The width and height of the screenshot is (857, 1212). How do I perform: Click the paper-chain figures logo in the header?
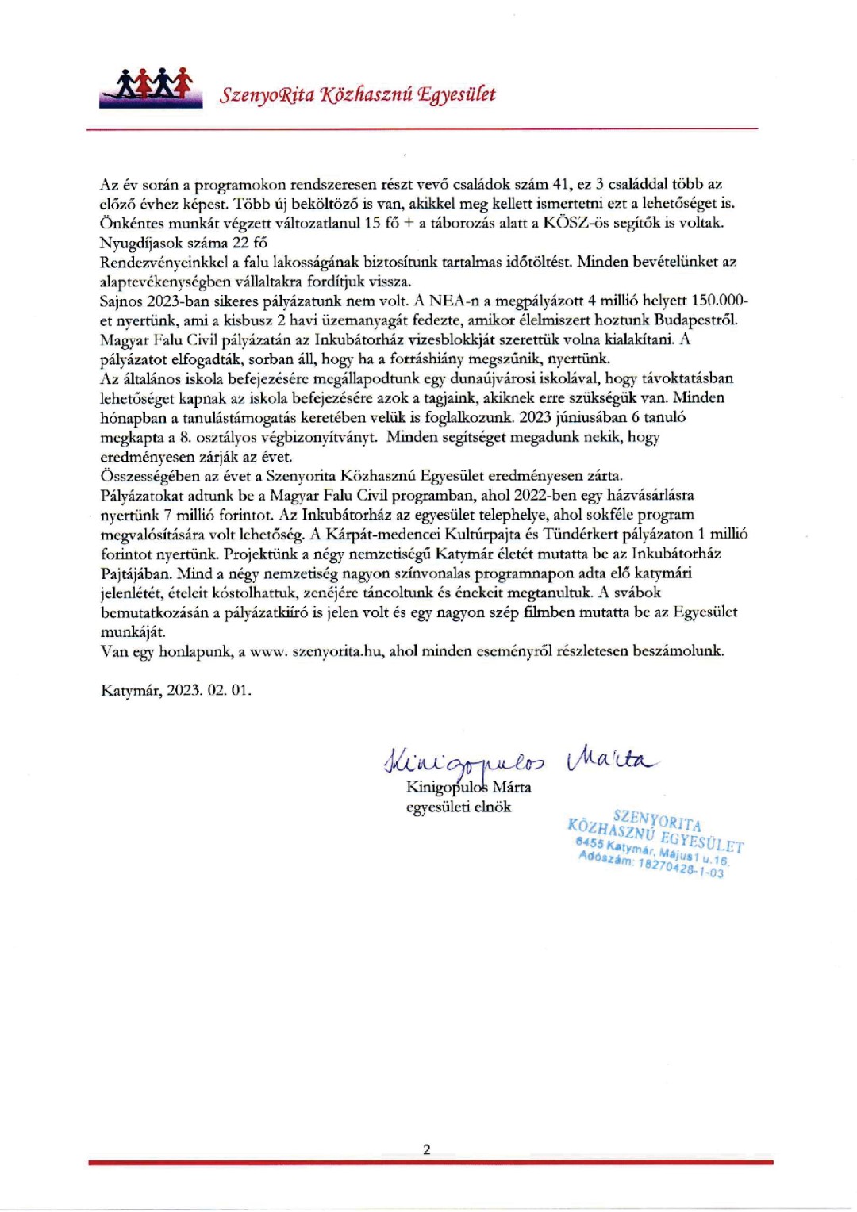pos(151,86)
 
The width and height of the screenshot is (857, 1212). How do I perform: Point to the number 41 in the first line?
pos(561,184)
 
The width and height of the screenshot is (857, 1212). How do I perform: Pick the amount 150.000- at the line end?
pos(720,301)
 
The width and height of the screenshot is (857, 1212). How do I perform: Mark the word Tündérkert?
pos(583,534)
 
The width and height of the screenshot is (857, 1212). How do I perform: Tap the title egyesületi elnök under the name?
pos(458,807)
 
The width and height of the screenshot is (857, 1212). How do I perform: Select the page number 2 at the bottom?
pos(427,1149)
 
